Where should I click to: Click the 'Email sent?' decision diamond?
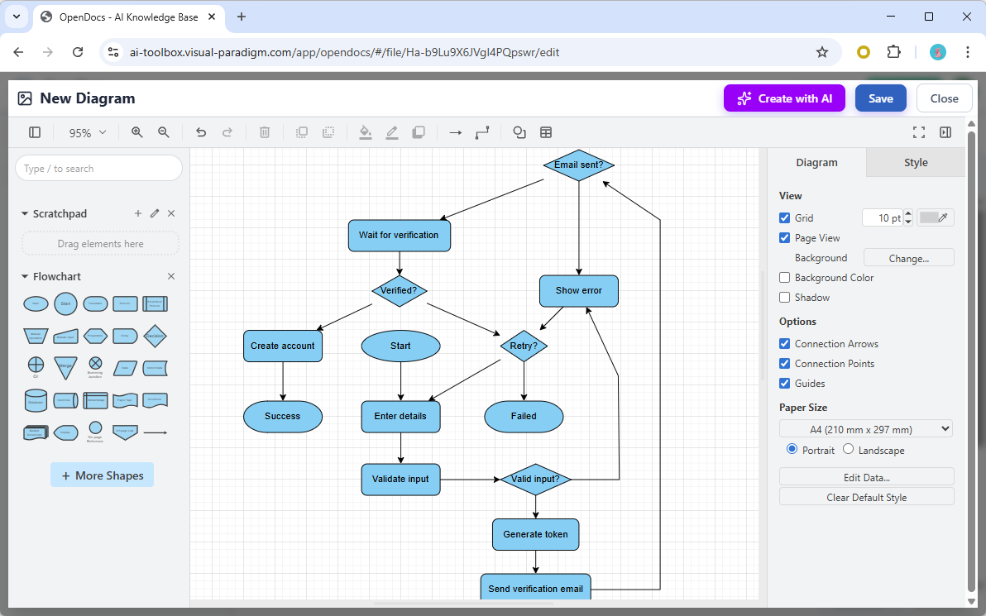tap(578, 165)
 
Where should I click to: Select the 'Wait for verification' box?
tap(399, 236)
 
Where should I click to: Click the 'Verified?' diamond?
tap(400, 290)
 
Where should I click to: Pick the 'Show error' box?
tap(578, 291)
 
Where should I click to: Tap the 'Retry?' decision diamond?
tap(524, 346)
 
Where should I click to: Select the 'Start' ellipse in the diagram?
tap(400, 346)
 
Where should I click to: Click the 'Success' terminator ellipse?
tap(282, 417)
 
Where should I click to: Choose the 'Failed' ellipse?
tap(523, 417)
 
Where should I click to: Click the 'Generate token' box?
tap(535, 534)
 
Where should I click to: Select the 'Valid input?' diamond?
tap(536, 480)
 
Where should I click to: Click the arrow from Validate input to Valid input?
tap(470, 479)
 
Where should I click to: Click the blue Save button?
tap(880, 98)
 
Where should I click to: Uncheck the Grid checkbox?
tap(785, 218)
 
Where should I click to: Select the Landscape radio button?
tap(849, 450)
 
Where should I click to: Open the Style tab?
tap(915, 163)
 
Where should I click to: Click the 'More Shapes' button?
tap(102, 475)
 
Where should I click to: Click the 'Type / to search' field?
tap(98, 169)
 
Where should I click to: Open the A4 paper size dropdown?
tap(865, 429)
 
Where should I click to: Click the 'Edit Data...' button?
tap(866, 477)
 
